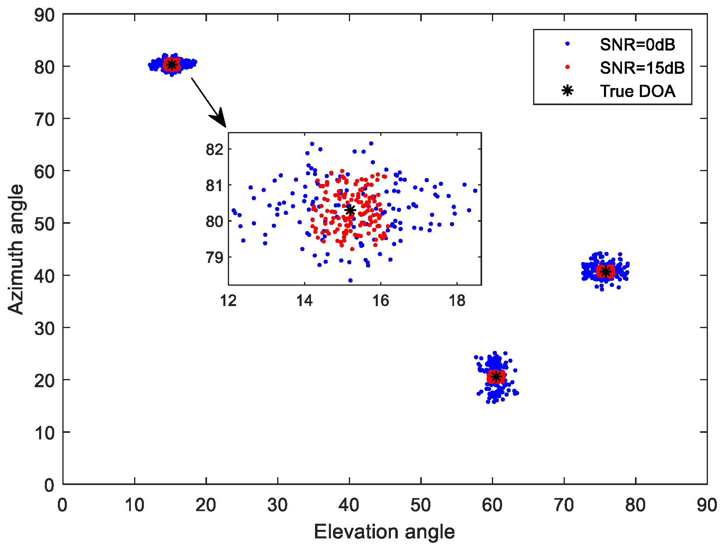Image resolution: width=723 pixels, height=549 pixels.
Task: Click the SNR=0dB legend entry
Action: pos(637,44)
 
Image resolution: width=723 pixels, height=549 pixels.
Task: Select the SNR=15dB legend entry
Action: pos(642,68)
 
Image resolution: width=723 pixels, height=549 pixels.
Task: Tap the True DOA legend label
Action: pos(637,91)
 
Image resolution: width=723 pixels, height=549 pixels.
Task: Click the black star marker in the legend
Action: pos(567,90)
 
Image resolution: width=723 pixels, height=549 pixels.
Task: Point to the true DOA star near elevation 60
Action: pos(496,376)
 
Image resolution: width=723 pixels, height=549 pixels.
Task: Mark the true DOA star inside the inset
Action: pos(350,210)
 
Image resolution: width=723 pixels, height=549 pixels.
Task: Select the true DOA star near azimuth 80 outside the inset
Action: pos(171,64)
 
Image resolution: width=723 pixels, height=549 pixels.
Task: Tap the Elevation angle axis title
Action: pos(384,532)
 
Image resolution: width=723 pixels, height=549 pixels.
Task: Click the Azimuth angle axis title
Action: pos(16,249)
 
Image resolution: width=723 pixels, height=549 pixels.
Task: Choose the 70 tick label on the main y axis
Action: pos(44,119)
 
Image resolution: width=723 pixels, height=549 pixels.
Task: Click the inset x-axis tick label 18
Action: pos(456,301)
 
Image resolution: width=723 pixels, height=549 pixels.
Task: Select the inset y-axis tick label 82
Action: pos(214,149)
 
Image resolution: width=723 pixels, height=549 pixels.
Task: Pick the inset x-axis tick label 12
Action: pos(228,301)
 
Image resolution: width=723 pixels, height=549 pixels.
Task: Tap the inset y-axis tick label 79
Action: pos(214,257)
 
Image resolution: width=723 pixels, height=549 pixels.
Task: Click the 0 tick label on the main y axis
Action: pos(49,485)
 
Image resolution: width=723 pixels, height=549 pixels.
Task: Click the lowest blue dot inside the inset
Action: pos(350,280)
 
